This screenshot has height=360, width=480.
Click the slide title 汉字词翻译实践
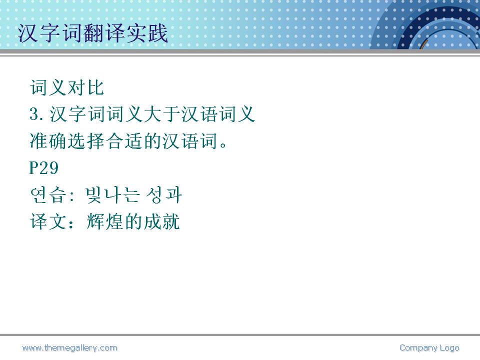pos(93,33)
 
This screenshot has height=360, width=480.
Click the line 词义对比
pos(67,87)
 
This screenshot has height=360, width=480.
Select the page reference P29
pos(44,168)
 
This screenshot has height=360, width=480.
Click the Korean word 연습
pos(48,195)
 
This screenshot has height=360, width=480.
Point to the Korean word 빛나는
pos(112,195)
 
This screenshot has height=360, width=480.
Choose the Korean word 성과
pos(164,195)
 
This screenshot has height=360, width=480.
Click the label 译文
pos(48,221)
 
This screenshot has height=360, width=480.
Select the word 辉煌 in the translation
pos(104,221)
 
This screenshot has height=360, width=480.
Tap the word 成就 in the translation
pos(161,221)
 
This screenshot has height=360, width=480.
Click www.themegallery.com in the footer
pos(70,348)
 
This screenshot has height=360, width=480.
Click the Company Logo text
pos(429,348)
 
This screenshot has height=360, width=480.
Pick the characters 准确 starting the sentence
pos(48,141)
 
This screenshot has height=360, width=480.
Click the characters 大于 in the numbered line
pos(161,114)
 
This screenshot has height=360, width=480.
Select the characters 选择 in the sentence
pos(86,141)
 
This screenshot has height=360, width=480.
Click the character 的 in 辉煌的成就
pos(133,221)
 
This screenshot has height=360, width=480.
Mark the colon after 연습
pos(72,196)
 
